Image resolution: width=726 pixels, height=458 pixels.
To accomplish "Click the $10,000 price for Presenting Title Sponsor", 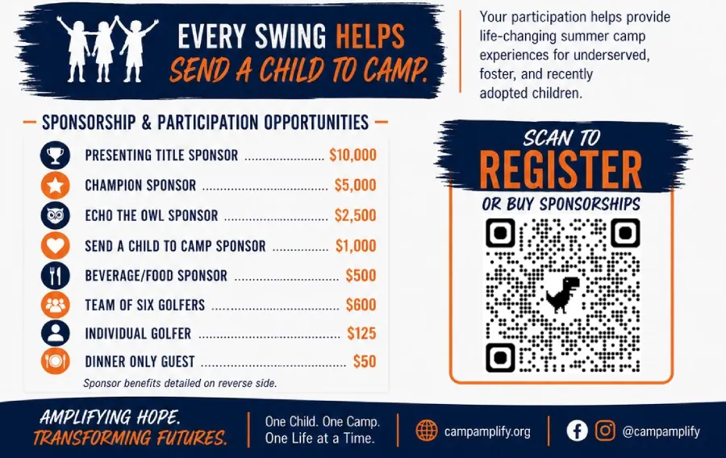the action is [353, 155].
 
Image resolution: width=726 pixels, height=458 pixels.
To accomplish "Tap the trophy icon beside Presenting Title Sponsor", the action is [55, 155].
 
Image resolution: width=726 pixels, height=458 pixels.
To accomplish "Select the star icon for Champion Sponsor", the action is [55, 185].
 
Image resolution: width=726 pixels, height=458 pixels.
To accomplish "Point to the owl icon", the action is [55, 215].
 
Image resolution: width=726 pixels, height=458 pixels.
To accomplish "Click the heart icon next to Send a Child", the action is [55, 246].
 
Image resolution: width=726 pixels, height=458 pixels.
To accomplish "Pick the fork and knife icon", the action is [55, 276].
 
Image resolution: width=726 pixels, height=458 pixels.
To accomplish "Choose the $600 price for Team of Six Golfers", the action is [361, 305].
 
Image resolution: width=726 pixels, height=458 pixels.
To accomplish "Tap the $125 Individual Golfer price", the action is [361, 334].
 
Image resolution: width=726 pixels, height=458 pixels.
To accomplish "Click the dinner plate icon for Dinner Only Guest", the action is [55, 361].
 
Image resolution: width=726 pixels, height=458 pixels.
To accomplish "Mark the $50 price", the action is [365, 361].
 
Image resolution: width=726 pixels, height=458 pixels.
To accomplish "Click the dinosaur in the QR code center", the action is [562, 294].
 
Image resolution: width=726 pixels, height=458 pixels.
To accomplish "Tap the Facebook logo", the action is [577, 431].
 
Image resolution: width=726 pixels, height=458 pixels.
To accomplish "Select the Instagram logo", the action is [605, 431].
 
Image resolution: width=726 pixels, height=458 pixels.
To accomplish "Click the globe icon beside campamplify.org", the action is [427, 431].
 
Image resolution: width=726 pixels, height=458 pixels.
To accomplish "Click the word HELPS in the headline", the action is [370, 36].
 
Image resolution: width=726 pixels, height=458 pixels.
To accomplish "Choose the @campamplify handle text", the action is [661, 431].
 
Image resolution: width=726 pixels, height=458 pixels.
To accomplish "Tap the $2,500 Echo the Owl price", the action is [355, 215].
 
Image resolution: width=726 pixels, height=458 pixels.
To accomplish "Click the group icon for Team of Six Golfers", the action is [55, 305].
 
